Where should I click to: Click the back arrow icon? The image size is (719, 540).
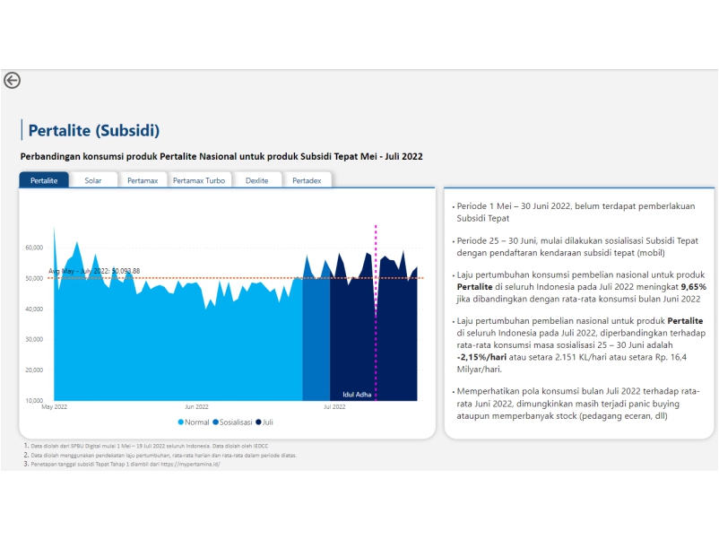click(13, 80)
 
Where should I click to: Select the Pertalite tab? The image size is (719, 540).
click(44, 180)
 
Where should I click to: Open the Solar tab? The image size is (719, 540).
click(93, 180)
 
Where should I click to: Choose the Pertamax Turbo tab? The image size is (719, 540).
click(199, 180)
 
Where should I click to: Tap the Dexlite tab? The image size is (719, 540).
click(256, 180)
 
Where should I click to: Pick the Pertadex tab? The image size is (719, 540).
click(307, 180)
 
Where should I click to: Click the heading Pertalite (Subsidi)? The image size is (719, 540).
click(94, 131)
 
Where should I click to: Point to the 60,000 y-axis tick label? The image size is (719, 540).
click(34, 248)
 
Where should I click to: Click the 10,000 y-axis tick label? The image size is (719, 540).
click(34, 400)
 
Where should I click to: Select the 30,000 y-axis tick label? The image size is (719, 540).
click(34, 339)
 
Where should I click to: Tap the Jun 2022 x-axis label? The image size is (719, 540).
click(196, 407)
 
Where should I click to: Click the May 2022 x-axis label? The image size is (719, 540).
click(55, 407)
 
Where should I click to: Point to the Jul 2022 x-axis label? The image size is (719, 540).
click(334, 407)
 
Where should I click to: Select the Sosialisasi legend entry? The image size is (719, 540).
click(232, 422)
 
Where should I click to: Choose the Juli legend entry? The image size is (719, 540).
click(266, 422)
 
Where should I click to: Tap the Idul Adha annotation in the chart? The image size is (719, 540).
click(358, 393)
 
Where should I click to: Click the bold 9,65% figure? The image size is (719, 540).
click(693, 287)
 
